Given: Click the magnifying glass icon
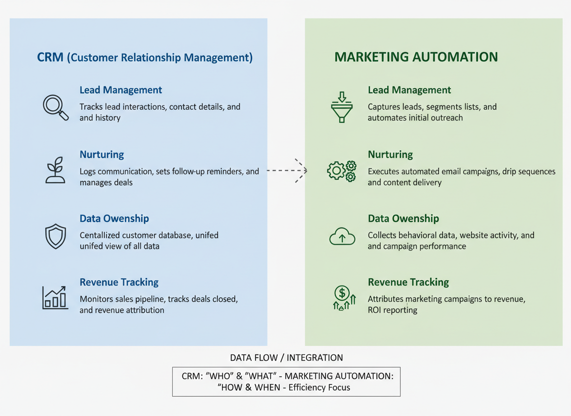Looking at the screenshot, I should pyautogui.click(x=55, y=107).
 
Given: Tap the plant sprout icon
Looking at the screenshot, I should pyautogui.click(x=55, y=170).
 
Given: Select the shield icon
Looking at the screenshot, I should pyautogui.click(x=55, y=235).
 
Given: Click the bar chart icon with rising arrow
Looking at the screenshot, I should pyautogui.click(x=54, y=297).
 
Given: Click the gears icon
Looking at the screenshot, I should pyautogui.click(x=342, y=171).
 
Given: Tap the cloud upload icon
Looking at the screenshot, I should pyautogui.click(x=342, y=236).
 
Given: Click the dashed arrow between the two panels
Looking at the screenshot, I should pyautogui.click(x=287, y=170).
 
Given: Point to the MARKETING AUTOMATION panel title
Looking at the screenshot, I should pyautogui.click(x=416, y=57).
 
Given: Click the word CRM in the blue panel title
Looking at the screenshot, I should pyautogui.click(x=50, y=58).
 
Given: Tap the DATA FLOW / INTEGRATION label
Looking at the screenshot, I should pyautogui.click(x=286, y=358).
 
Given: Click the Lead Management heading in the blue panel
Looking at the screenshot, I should pyautogui.click(x=121, y=90).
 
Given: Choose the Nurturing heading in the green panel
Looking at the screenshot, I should pyautogui.click(x=390, y=155).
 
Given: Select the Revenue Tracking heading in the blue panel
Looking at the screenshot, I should pyautogui.click(x=119, y=282).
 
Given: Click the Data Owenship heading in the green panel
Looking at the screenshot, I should pyautogui.click(x=403, y=219).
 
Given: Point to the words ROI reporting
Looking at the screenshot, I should pyautogui.click(x=392, y=310).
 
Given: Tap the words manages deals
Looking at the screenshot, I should pyautogui.click(x=106, y=182).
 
